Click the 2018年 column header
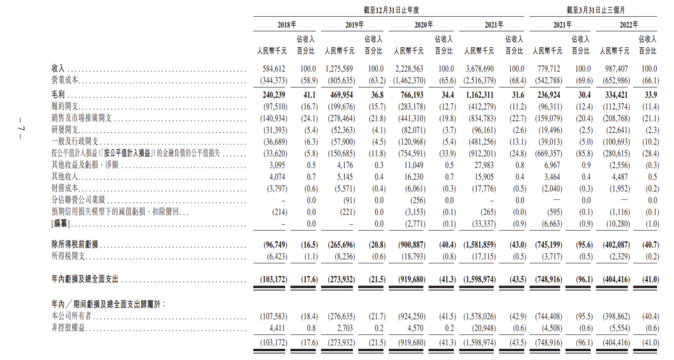[x=286, y=25]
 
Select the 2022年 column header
[x=629, y=25]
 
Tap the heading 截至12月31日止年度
[x=391, y=10]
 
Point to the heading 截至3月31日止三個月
[x=595, y=10]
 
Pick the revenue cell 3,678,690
[x=480, y=69]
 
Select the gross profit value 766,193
[x=412, y=95]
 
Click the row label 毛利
[x=58, y=95]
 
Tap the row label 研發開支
[x=65, y=130]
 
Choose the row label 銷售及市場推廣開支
[x=81, y=118]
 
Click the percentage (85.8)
[x=584, y=154]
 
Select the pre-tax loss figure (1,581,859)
[x=479, y=245]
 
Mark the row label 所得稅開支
[x=69, y=256]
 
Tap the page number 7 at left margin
[x=20, y=129]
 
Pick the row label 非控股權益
[x=69, y=328]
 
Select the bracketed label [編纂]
[x=61, y=224]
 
